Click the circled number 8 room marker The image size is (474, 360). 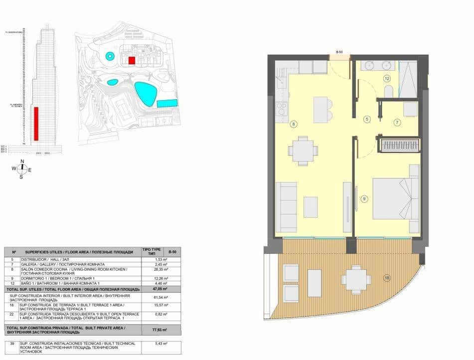pos(294,124)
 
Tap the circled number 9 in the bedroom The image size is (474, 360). pos(364,199)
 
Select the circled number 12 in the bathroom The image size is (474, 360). pos(387,78)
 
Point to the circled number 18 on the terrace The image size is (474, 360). pos(387,277)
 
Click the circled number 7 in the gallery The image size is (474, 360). pos(397,122)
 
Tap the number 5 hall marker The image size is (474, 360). pos(367,119)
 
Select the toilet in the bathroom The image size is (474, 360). pos(389,91)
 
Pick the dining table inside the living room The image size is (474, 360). pos(303,150)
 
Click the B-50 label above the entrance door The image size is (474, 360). pos(339,52)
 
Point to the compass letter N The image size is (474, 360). pos(21,161)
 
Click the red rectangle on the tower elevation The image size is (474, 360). pos(36,123)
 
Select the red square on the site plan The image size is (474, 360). pos(132,60)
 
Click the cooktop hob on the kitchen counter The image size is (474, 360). pos(282,108)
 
